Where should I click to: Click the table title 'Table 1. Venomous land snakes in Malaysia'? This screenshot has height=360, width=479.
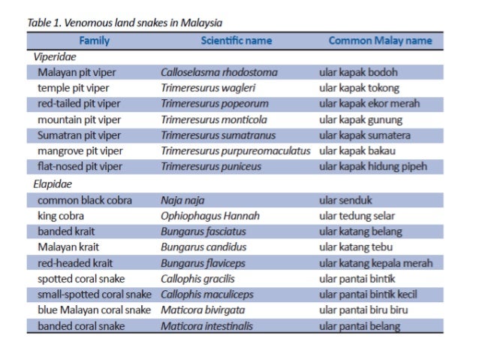pyautogui.click(x=125, y=23)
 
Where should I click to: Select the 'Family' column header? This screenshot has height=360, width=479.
pyautogui.click(x=94, y=41)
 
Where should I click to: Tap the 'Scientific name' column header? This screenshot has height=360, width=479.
pyautogui.click(x=236, y=41)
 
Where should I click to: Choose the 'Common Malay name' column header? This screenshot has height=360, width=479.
pyautogui.click(x=380, y=41)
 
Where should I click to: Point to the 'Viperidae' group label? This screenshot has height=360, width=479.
pyautogui.click(x=55, y=56)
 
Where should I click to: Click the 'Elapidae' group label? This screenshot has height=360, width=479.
pyautogui.click(x=53, y=183)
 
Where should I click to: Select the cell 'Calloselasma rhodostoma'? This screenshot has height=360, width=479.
pyautogui.click(x=219, y=72)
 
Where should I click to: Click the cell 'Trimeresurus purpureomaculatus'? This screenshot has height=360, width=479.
pyautogui.click(x=235, y=151)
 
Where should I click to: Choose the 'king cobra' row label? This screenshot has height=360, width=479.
pyautogui.click(x=61, y=216)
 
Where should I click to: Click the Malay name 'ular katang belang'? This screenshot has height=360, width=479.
pyautogui.click(x=360, y=231)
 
